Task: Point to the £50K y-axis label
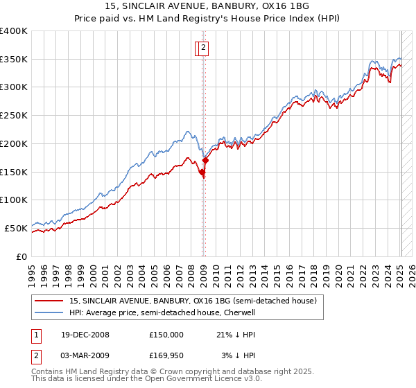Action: coord(16,228)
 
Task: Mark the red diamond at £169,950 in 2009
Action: coord(205,161)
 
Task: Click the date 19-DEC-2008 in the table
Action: coord(85,335)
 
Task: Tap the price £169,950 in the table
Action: coord(166,355)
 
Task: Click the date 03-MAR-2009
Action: coord(85,355)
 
